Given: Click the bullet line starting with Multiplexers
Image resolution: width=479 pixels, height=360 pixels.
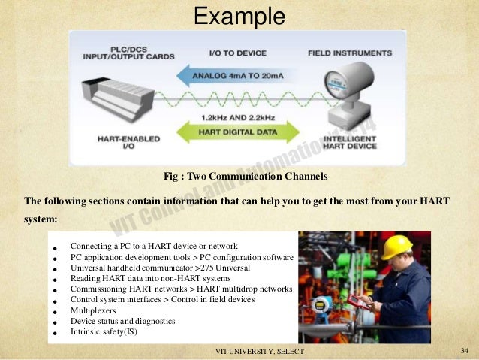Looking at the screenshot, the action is point(89,310).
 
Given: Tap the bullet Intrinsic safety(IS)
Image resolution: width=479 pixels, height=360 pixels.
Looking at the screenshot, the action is point(104,331).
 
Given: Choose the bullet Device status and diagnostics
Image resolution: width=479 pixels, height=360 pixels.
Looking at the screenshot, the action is point(122,321).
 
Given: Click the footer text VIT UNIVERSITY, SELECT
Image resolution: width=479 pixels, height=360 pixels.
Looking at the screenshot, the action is point(255,352).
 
